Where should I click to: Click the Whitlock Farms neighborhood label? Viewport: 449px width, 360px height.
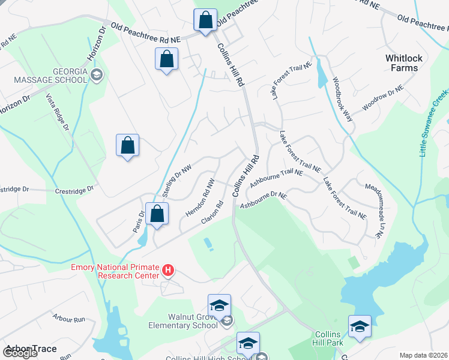[x=404, y=63]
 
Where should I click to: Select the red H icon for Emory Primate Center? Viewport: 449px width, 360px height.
[x=169, y=271]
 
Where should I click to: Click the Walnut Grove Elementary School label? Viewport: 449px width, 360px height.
[x=183, y=321]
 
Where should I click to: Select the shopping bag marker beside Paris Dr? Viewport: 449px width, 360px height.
[x=157, y=214]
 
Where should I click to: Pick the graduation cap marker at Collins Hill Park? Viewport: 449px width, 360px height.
[x=360, y=326]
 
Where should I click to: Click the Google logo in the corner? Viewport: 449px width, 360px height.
[x=20, y=353]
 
